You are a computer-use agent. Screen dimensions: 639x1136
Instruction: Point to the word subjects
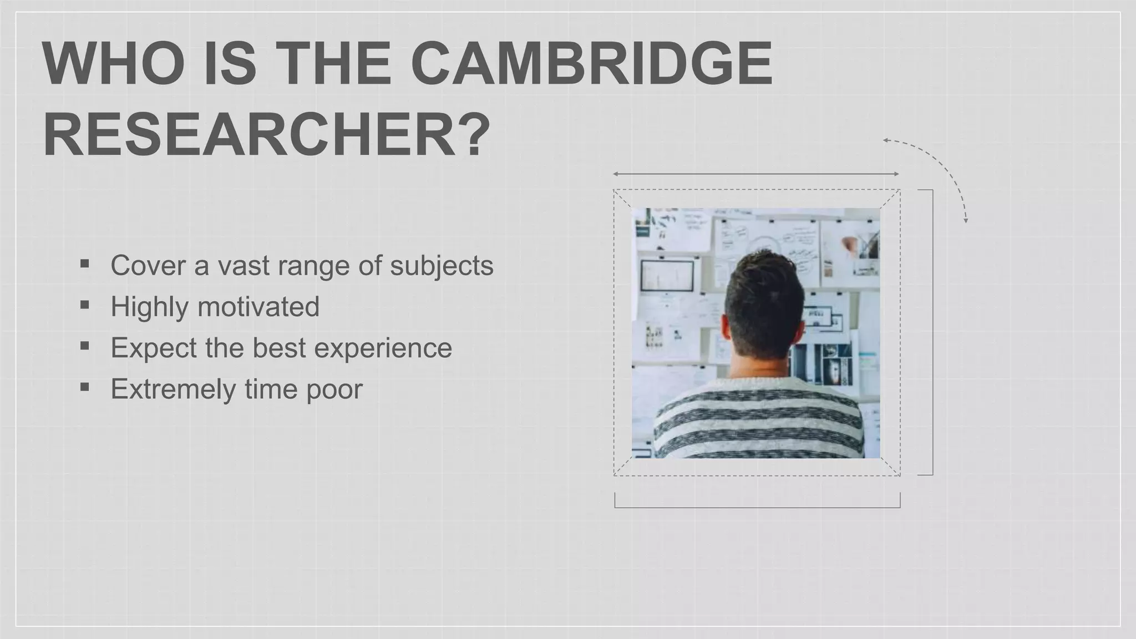click(442, 266)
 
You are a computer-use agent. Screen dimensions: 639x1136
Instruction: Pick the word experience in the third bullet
click(383, 348)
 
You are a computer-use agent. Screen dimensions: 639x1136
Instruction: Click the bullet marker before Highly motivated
click(84, 305)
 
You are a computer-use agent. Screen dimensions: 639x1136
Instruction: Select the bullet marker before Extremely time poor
click(84, 387)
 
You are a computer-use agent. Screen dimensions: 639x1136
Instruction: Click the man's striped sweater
click(758, 422)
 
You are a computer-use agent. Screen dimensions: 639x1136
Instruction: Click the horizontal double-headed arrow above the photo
click(755, 174)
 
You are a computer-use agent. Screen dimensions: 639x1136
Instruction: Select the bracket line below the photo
click(757, 507)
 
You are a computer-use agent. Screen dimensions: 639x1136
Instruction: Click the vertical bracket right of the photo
click(932, 333)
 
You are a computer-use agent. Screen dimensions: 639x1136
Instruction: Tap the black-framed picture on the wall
click(667, 276)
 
